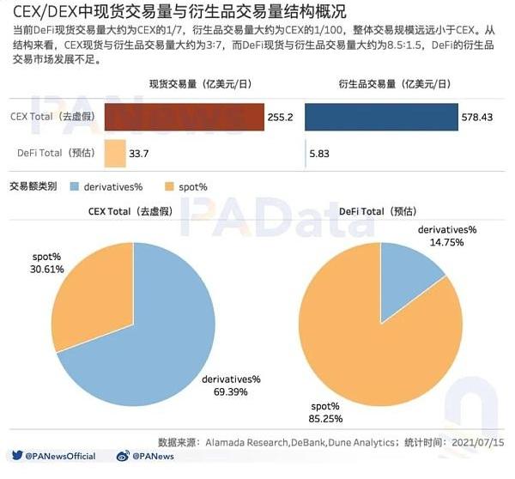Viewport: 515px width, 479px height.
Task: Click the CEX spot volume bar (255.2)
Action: pos(183,118)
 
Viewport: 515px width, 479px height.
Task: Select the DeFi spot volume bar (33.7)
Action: pos(115,153)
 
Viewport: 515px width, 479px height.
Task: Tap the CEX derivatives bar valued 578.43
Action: pos(381,118)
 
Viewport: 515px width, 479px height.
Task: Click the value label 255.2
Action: pos(281,118)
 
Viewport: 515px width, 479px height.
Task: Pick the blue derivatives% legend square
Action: pos(75,185)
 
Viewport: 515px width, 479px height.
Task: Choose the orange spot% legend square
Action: pos(168,185)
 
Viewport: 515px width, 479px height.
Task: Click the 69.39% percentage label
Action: pos(232,385)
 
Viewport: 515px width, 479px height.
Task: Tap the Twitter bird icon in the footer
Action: pos(16,456)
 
